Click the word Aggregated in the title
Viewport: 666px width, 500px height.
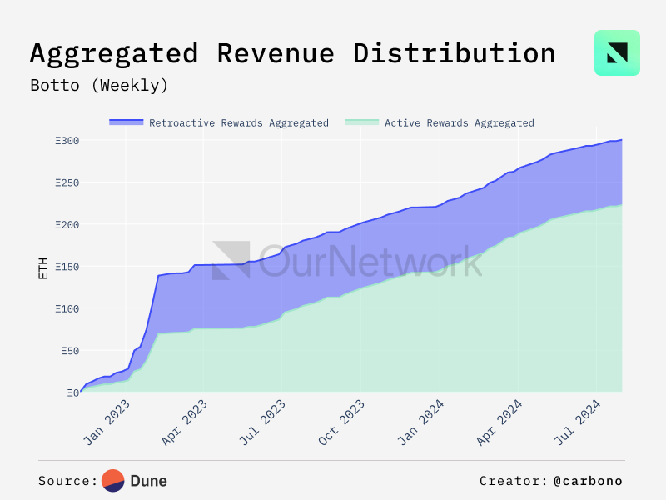click(x=114, y=53)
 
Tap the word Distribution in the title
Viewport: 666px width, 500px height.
click(x=454, y=53)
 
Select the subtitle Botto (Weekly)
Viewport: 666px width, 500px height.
click(x=99, y=85)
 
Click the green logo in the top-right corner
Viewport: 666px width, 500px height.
click(x=617, y=53)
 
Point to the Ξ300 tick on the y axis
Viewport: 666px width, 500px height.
click(x=67, y=141)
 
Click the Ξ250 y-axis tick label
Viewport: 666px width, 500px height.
click(x=67, y=182)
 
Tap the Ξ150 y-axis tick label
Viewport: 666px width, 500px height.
click(x=67, y=267)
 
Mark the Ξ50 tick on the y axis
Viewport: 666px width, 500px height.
click(x=69, y=351)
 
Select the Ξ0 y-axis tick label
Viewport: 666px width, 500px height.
click(x=72, y=392)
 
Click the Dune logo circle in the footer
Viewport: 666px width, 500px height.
click(x=113, y=481)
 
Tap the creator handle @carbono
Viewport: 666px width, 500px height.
click(x=587, y=481)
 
